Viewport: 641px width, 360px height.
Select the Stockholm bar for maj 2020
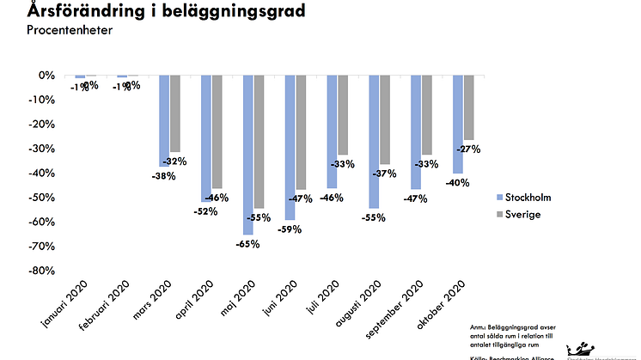tap(248, 155)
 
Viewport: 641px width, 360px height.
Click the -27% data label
tap(468, 149)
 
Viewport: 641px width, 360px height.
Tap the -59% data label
tap(288, 229)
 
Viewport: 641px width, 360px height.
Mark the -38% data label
tap(163, 176)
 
